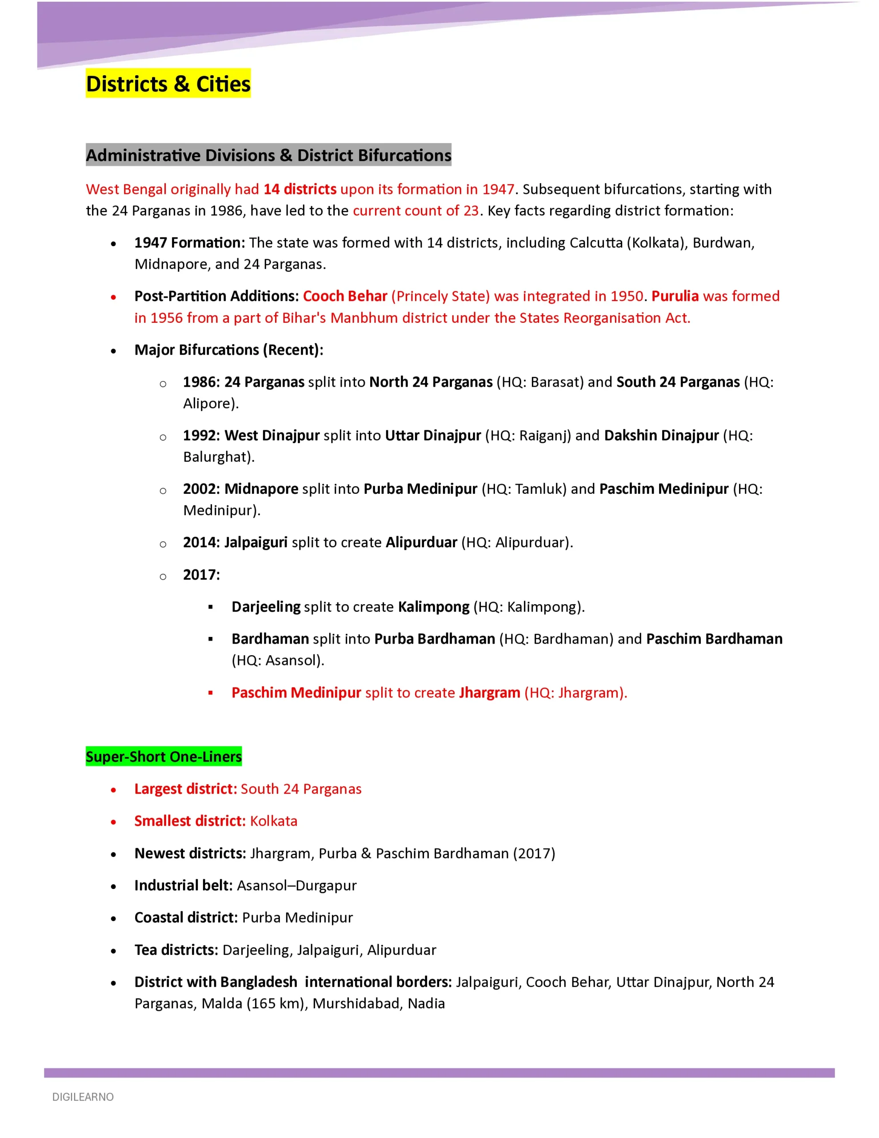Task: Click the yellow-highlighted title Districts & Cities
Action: pos(168,84)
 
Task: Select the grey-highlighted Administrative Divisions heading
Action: pos(268,155)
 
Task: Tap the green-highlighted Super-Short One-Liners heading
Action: pos(164,757)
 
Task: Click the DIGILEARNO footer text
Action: pos(83,1097)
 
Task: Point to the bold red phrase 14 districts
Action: pos(300,189)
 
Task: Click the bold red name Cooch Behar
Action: pos(345,296)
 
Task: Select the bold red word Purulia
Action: pos(675,296)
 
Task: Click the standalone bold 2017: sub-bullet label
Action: pos(201,575)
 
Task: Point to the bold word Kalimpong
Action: pos(434,607)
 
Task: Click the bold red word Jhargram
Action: pos(489,693)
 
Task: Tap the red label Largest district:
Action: pos(185,789)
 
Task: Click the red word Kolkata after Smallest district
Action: pos(274,821)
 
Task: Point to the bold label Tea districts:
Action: pos(176,950)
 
